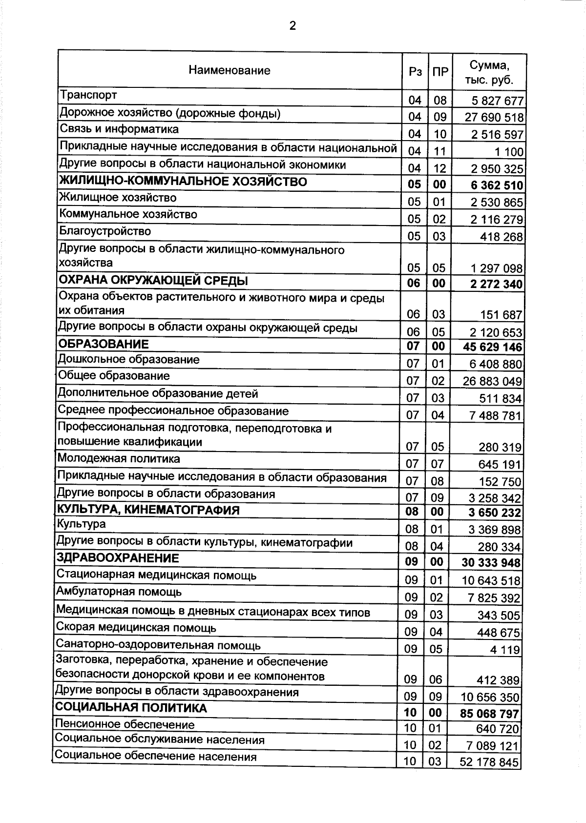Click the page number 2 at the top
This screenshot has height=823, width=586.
click(x=293, y=26)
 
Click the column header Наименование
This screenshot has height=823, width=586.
click(x=230, y=70)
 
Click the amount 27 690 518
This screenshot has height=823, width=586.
click(x=494, y=118)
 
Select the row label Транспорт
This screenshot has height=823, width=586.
click(x=88, y=94)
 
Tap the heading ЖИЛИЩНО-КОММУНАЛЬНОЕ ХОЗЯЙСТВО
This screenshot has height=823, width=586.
click(x=183, y=182)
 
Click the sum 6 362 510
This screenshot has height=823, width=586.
click(x=497, y=185)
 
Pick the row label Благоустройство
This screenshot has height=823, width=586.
click(x=105, y=231)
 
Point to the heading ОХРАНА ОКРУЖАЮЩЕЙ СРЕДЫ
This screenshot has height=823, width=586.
click(x=153, y=281)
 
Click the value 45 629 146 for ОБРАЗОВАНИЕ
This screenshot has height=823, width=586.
click(x=492, y=347)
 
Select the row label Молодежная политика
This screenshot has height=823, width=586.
click(x=119, y=459)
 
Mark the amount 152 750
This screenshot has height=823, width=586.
click(x=500, y=482)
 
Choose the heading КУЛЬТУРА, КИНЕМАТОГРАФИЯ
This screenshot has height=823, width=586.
click(x=148, y=510)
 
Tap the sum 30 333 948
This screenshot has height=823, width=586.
click(x=491, y=563)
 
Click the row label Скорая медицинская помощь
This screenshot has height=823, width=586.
click(x=136, y=627)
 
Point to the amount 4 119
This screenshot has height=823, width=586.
click(x=505, y=650)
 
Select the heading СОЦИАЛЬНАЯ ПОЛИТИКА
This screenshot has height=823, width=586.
click(x=131, y=708)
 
